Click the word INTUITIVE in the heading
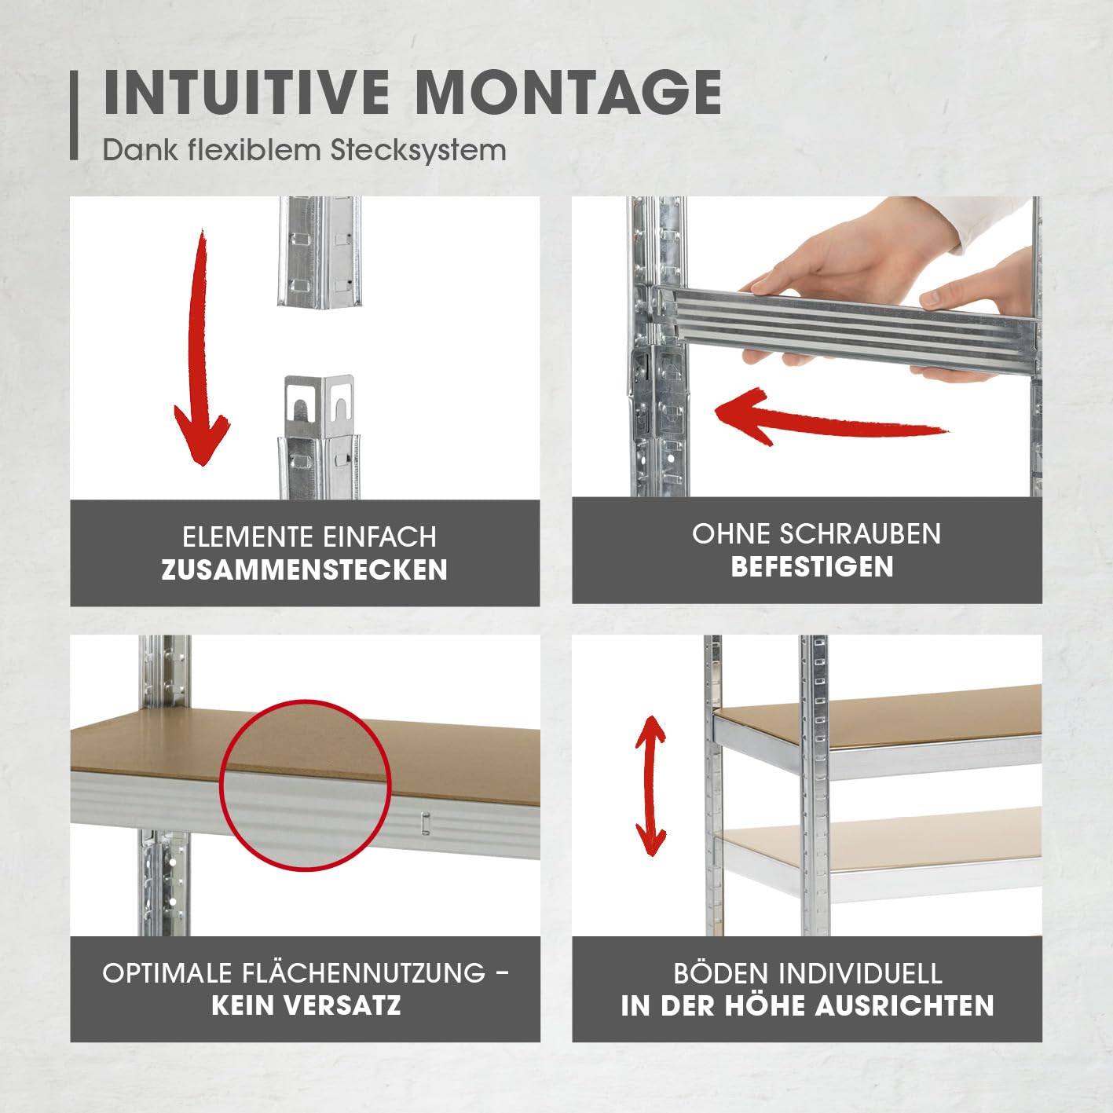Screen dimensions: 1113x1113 click(247, 93)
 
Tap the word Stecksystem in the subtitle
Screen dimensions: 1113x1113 click(418, 150)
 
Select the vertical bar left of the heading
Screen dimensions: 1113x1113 click(74, 115)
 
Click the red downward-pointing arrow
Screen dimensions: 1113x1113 click(200, 346)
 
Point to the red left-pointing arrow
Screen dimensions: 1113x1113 click(832, 419)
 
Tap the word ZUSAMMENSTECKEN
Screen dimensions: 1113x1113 click(305, 570)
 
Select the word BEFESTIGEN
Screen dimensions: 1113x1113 click(812, 566)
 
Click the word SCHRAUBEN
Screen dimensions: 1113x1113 click(860, 534)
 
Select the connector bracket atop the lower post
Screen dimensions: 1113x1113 click(319, 407)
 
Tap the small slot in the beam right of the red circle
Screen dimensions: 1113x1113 click(426, 823)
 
